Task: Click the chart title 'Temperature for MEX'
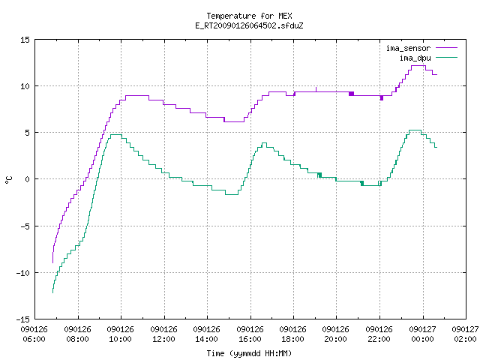click(x=249, y=16)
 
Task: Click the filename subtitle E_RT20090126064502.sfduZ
click(x=249, y=25)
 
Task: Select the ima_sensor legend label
click(x=408, y=48)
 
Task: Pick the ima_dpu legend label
click(x=415, y=58)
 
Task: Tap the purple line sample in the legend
click(x=446, y=48)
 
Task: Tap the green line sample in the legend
click(x=446, y=58)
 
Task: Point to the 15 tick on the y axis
click(x=25, y=40)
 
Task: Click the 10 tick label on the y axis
click(x=25, y=86)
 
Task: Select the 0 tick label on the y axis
click(x=27, y=179)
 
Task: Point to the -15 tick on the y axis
click(x=22, y=319)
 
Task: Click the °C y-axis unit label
click(x=8, y=180)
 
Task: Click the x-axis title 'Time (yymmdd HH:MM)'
click(x=249, y=353)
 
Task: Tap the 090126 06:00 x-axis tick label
click(x=34, y=334)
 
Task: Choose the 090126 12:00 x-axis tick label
click(x=163, y=334)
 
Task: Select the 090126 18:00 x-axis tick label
click(x=293, y=334)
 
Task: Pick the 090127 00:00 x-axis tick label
click(x=422, y=334)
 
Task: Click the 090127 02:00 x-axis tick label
click(x=465, y=334)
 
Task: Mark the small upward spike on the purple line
click(x=316, y=89)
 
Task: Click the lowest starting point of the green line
click(x=53, y=292)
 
